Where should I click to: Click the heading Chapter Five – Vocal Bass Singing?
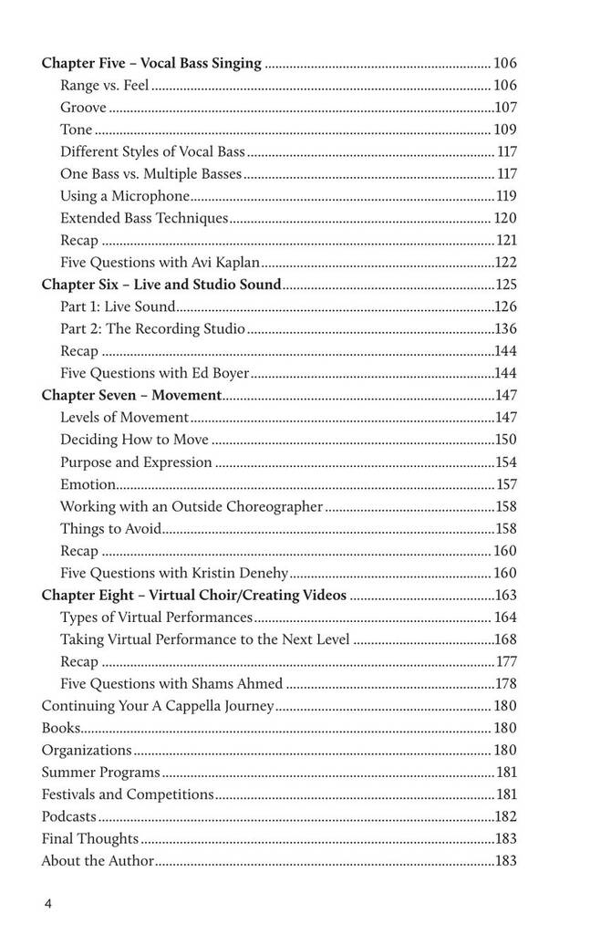(x=151, y=64)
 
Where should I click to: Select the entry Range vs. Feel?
(x=105, y=86)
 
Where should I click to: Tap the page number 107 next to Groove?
(x=505, y=108)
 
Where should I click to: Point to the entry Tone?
(x=77, y=130)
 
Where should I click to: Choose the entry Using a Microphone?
(x=125, y=196)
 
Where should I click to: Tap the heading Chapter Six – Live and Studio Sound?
(x=161, y=285)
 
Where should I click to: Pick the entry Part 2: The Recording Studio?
(x=152, y=328)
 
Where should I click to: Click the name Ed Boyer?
(x=224, y=373)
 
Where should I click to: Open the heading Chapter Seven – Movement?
(x=131, y=395)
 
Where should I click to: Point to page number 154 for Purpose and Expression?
(x=506, y=462)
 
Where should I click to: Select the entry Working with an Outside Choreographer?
(x=192, y=506)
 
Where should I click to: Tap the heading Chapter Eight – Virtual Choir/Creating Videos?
(x=193, y=596)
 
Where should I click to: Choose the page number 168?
(x=506, y=639)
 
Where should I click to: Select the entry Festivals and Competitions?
(x=128, y=794)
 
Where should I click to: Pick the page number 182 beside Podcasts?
(x=506, y=817)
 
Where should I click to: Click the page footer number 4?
(x=47, y=904)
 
